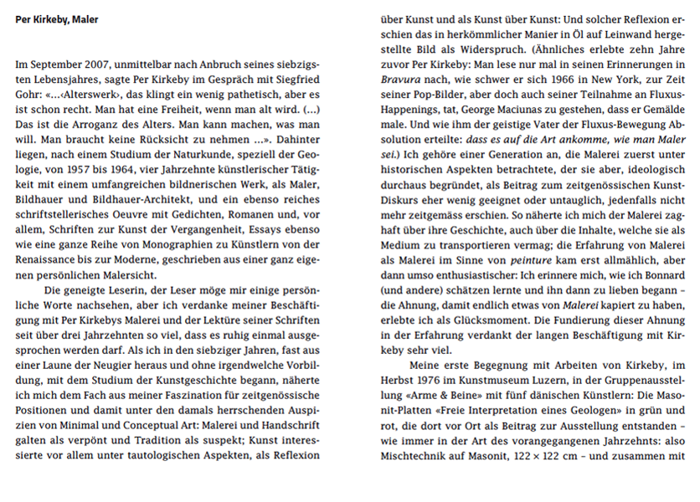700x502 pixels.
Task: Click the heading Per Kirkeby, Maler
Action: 56,19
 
